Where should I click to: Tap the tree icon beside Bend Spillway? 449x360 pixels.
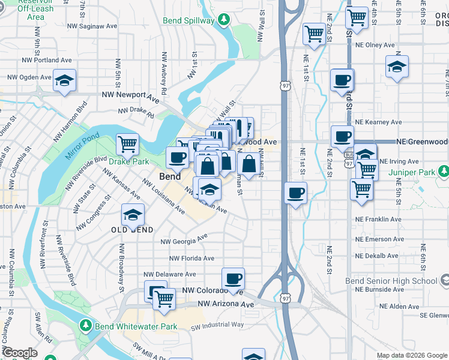(224, 20)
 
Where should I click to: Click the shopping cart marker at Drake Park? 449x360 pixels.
(127, 144)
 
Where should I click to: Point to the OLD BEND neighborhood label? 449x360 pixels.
(132, 230)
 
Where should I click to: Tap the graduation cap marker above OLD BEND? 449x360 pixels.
(133, 214)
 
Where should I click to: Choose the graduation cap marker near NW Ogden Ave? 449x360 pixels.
(65, 80)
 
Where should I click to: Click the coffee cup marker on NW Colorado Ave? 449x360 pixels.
(233, 278)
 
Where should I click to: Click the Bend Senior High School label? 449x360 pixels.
(391, 281)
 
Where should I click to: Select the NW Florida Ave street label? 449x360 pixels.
(191, 259)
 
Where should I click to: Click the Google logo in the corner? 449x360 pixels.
(20, 353)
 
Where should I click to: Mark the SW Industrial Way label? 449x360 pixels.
(217, 325)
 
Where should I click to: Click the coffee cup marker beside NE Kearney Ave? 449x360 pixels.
(342, 136)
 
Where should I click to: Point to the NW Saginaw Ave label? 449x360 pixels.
(92, 26)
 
